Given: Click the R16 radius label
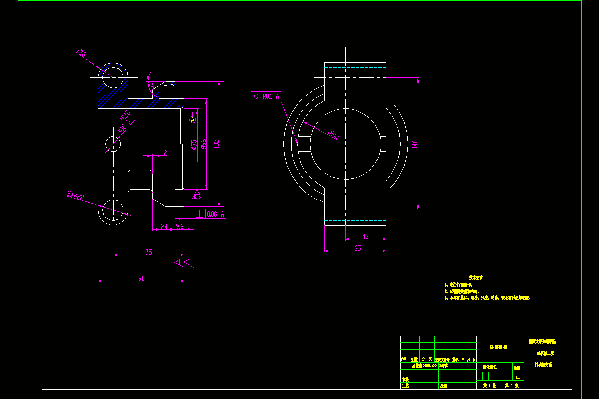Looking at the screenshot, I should pyautogui.click(x=81, y=53).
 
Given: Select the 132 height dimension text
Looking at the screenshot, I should pyautogui.click(x=216, y=144).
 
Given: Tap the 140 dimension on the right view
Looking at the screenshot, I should pyautogui.click(x=415, y=144).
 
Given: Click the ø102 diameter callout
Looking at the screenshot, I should pyautogui.click(x=333, y=135).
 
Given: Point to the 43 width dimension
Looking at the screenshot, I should pyautogui.click(x=365, y=236).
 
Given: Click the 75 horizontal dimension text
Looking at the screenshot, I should pyautogui.click(x=149, y=252).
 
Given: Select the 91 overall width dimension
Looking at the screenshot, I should pyautogui.click(x=141, y=279).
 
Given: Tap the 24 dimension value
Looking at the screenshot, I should pyautogui.click(x=164, y=227).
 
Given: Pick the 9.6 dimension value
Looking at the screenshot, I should pyautogui.click(x=180, y=227).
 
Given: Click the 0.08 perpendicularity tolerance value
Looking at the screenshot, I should pyautogui.click(x=211, y=214).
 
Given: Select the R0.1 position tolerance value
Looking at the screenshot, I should pyautogui.click(x=268, y=96).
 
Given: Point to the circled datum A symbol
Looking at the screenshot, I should pyautogui.click(x=193, y=120).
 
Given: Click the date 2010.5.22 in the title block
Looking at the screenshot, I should pyautogui.click(x=430, y=365).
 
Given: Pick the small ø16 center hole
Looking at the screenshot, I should pyautogui.click(x=114, y=144).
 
